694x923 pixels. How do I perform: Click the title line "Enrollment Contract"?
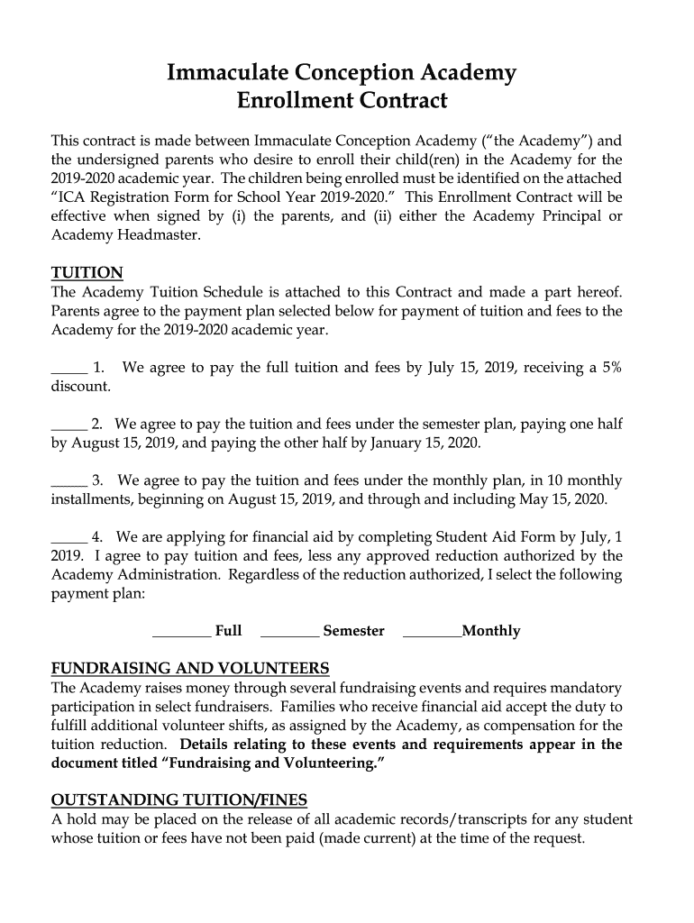tap(342, 100)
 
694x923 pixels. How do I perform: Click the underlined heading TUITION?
tap(87, 273)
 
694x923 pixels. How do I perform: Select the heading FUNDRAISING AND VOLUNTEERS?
tap(190, 668)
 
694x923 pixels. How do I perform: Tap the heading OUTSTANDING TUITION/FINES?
tap(178, 800)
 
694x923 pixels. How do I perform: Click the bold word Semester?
tap(353, 631)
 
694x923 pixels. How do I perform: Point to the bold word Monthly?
tap(491, 631)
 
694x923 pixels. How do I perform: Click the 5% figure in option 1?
tap(610, 367)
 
